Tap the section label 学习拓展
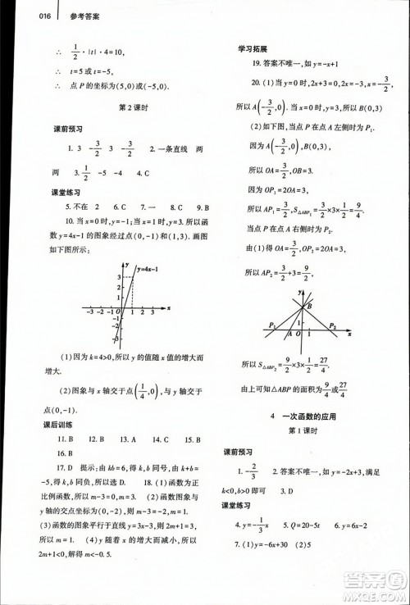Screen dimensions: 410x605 coord(253,48)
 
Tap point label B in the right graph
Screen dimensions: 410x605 coord(310,307)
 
